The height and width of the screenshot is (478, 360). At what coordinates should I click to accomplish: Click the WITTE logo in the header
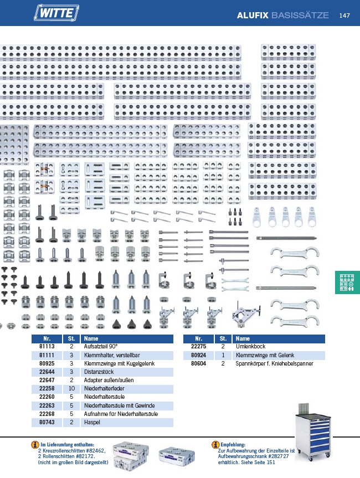[56, 13]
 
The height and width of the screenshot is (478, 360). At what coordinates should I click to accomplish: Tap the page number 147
[344, 16]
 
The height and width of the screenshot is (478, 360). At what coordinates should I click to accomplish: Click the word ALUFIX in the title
[253, 16]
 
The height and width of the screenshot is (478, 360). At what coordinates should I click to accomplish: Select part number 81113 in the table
[47, 347]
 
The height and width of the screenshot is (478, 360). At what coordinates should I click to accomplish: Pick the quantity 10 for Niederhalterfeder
[71, 388]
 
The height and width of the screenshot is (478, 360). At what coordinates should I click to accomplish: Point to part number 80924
[198, 355]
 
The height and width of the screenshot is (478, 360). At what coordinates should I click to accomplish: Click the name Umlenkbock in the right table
[250, 347]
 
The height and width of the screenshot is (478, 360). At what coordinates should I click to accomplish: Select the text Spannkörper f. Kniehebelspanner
[274, 363]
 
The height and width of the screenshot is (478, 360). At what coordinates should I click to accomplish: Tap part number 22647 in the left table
[47, 380]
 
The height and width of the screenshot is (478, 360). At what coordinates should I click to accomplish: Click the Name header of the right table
[243, 338]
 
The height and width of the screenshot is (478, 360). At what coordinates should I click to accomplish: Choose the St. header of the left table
[71, 338]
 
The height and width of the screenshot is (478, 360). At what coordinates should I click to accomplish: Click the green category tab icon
[347, 282]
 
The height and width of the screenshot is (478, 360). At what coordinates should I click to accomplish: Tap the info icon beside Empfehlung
[215, 445]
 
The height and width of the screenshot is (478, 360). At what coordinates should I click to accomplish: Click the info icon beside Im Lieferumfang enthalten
[35, 445]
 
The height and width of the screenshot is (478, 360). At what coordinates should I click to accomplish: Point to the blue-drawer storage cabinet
[313, 431]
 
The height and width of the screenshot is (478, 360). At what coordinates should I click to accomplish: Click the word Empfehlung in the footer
[233, 445]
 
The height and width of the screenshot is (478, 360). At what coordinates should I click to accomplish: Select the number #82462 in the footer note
[95, 450]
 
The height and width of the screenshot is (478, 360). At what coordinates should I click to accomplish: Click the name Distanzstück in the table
[99, 372]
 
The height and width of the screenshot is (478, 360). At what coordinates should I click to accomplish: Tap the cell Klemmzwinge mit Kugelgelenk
[119, 363]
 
